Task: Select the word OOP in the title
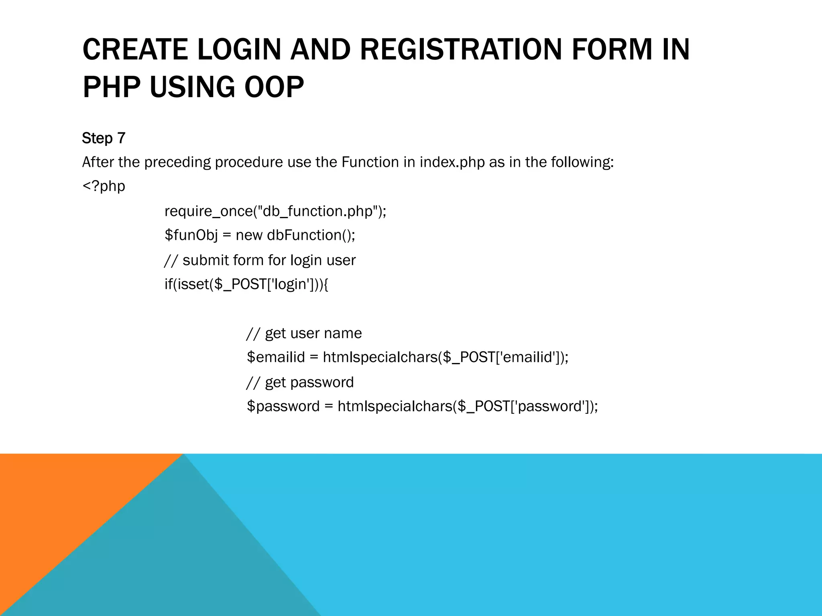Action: pyautogui.click(x=274, y=87)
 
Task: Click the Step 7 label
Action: pyautogui.click(x=104, y=138)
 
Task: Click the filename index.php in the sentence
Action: pyautogui.click(x=452, y=162)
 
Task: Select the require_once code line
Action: pyautogui.click(x=275, y=211)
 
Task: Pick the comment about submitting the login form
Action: pyautogui.click(x=260, y=260)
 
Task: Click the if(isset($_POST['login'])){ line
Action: pyautogui.click(x=246, y=284)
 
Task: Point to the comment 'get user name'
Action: pyautogui.click(x=304, y=333)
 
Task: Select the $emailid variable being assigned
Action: pyautogui.click(x=276, y=357)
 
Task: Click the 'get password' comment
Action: pyautogui.click(x=300, y=382)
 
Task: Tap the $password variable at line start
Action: pyautogui.click(x=283, y=406)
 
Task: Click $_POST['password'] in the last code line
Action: pyautogui.click(x=524, y=406)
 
